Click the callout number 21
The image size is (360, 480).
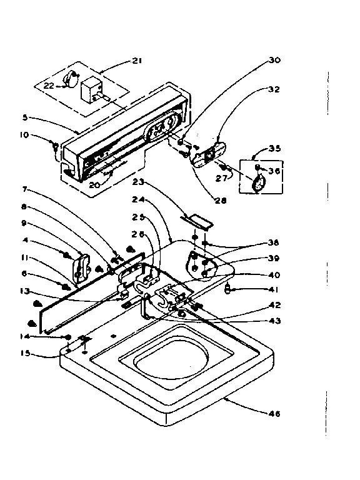coord(137,61)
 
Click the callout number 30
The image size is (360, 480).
coord(275,61)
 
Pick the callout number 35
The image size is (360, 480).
coord(275,149)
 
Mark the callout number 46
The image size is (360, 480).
coord(275,413)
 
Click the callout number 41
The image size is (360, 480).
coord(275,289)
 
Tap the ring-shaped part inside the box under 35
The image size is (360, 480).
coord(257,182)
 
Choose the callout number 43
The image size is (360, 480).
coord(275,321)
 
